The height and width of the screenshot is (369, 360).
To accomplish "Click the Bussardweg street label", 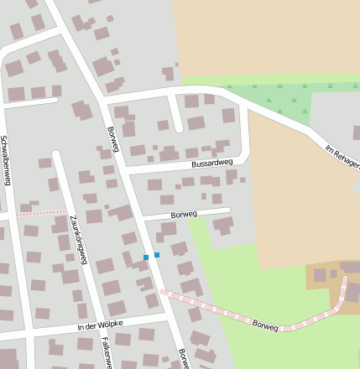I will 211,164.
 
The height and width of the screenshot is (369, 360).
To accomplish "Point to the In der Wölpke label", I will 100,325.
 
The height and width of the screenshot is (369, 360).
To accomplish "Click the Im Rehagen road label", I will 342,155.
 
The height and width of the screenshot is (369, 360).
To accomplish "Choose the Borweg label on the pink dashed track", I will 265,325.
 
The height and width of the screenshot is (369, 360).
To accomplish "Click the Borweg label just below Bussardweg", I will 183,215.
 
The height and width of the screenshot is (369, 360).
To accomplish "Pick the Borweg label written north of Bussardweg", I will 113,140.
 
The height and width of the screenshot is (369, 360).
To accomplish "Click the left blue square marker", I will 146,257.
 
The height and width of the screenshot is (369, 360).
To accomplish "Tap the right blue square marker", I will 157,255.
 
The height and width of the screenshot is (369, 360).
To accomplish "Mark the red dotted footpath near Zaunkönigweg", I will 42,213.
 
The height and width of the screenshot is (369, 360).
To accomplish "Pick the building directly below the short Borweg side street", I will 222,225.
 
